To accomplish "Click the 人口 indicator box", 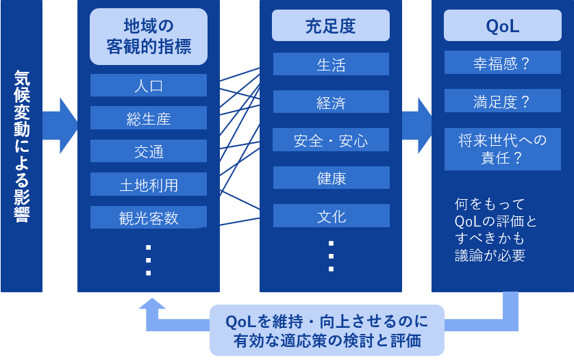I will pos(148,86).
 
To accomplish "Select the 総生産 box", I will pos(148,118).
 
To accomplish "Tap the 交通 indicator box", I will pos(148,151).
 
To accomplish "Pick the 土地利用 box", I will pos(148,184).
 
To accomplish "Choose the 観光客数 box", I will pos(148,217).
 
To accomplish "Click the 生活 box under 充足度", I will pos(331,64).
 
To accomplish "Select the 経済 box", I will pos(331,102).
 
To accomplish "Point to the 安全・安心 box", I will pos(331,140).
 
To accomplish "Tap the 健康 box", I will pos(331,178).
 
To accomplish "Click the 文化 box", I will pos(331,216).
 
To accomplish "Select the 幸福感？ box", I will pos(502,63).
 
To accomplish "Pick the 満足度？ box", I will pos(502,101).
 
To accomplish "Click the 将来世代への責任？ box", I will pos(502,149).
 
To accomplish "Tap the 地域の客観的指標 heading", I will pos(148,36).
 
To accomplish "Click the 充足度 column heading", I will pos(331,26).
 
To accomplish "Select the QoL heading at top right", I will pos(502,26).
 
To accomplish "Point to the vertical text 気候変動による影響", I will pos(21,146).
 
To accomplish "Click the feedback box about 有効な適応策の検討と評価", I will pos(327,330).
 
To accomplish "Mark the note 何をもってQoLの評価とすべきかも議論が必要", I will pos(490,230).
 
